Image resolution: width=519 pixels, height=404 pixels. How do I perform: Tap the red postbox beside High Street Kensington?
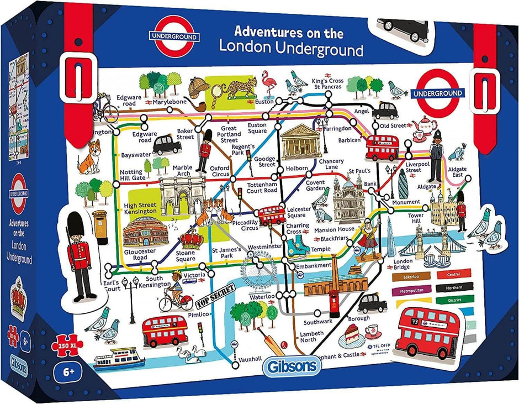pos(100,227)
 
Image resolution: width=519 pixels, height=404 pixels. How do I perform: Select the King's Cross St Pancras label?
pos(327,84)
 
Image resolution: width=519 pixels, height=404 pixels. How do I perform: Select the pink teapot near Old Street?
pos(427,129)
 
